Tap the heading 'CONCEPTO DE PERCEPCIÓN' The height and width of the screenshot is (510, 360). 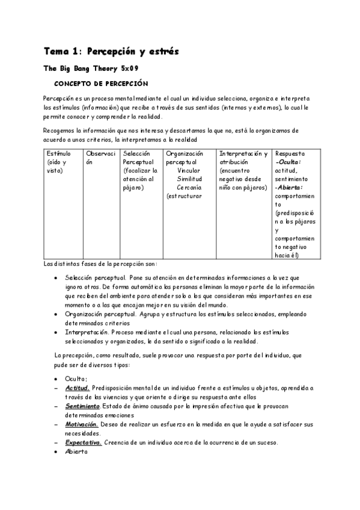(x=101, y=83)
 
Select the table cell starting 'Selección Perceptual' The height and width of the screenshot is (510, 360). (x=139, y=170)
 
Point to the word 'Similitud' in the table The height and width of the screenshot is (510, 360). (x=189, y=179)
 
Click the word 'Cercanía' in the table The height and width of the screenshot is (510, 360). (x=189, y=187)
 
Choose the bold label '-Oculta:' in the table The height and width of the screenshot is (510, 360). (x=288, y=162)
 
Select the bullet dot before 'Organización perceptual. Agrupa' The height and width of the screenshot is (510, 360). (x=56, y=314)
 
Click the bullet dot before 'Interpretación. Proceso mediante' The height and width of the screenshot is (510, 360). (x=56, y=332)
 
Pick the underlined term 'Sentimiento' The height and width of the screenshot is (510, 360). (x=82, y=407)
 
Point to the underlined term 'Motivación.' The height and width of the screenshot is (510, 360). (x=82, y=425)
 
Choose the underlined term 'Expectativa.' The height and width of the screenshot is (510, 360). (x=84, y=443)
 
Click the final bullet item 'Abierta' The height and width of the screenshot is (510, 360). (x=76, y=452)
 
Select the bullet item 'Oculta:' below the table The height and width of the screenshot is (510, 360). (x=76, y=379)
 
